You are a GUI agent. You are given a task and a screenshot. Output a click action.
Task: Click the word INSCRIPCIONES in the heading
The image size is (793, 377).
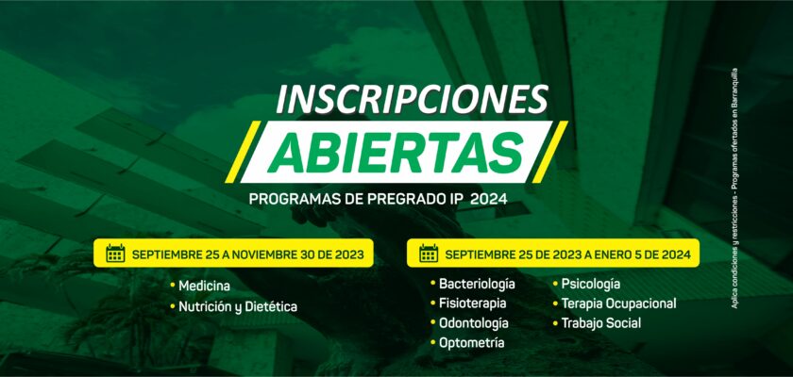click(413, 98)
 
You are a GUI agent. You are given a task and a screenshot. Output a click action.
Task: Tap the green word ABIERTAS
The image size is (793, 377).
click(395, 153)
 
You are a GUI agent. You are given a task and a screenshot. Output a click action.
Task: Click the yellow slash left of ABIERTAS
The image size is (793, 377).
click(243, 152)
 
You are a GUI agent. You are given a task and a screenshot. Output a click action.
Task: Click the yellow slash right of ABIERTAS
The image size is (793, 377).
click(549, 152)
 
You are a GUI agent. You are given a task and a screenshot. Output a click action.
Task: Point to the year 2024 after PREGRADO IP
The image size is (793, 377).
click(489, 200)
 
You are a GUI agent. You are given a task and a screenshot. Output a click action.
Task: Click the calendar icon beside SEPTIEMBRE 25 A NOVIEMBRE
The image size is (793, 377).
click(115, 254)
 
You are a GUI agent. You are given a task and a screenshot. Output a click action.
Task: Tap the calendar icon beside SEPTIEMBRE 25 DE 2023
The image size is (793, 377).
click(429, 254)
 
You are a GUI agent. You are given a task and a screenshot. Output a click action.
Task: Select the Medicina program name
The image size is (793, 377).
click(204, 287)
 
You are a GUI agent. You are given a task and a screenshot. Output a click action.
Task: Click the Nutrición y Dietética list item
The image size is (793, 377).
click(238, 307)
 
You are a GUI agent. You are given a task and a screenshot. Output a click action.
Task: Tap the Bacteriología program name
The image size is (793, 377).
click(477, 284)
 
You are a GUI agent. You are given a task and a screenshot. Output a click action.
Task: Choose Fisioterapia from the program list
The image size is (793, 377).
click(472, 303)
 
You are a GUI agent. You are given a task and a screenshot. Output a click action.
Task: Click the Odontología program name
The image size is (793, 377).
click(474, 323)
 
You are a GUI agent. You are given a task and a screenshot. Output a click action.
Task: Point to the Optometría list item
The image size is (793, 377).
click(471, 343)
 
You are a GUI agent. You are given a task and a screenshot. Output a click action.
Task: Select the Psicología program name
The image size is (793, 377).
click(591, 284)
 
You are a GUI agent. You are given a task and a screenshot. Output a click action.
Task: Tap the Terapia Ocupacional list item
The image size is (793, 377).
click(618, 303)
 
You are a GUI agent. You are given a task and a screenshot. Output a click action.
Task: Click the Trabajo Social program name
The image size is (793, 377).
click(600, 323)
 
